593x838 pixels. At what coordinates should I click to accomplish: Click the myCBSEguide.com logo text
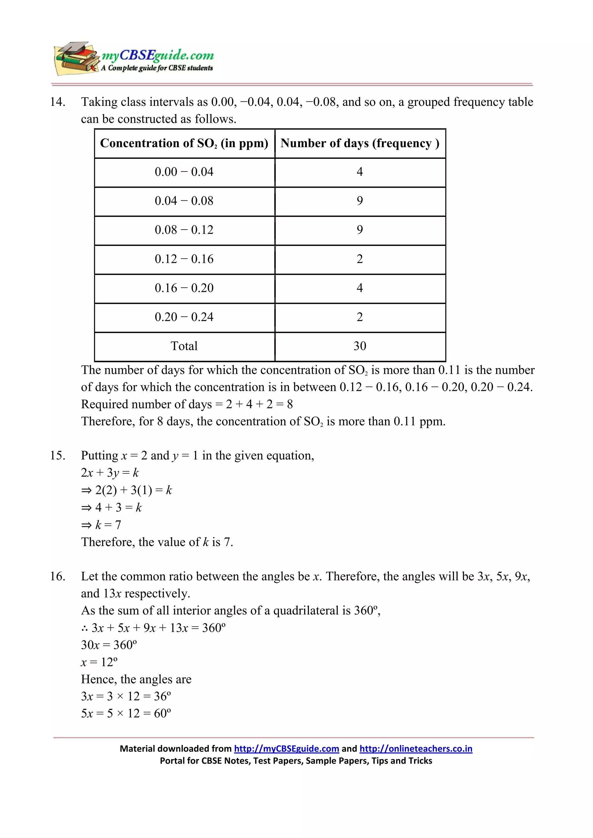click(x=158, y=55)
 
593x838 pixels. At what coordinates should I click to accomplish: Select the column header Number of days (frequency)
click(x=360, y=143)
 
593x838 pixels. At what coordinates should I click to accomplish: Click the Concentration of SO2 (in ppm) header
click(x=184, y=143)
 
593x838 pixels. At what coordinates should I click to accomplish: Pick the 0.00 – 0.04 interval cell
click(x=184, y=172)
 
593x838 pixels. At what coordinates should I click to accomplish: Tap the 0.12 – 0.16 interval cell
click(x=184, y=259)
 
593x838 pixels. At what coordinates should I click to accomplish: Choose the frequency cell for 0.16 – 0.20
click(x=360, y=288)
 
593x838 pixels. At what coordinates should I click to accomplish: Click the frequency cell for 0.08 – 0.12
click(x=360, y=230)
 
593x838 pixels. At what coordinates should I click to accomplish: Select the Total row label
click(x=184, y=346)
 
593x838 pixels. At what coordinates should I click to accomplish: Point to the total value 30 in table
click(x=360, y=346)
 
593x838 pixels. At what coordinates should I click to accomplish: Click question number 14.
click(x=58, y=102)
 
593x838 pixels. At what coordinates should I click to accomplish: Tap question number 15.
click(x=58, y=455)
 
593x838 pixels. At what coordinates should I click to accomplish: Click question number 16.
click(x=58, y=576)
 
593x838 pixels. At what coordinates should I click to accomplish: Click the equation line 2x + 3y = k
click(x=110, y=473)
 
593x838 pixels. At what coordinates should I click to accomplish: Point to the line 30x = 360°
click(x=109, y=645)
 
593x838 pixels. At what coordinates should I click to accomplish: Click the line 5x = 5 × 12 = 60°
click(x=126, y=713)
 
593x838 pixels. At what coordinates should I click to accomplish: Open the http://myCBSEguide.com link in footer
click(x=286, y=749)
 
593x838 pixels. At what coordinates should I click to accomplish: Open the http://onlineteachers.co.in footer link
click(x=416, y=749)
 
